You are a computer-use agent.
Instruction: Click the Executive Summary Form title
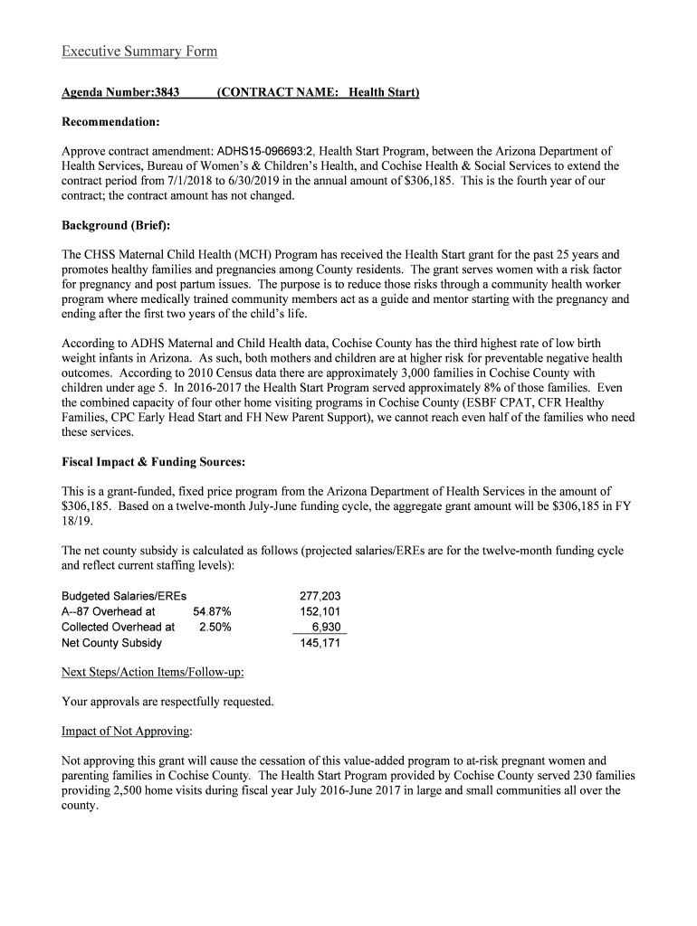[x=139, y=52]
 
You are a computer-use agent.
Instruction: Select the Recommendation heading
[x=110, y=121]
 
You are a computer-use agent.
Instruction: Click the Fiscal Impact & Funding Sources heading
[x=153, y=462]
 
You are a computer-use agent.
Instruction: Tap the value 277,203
[x=320, y=597]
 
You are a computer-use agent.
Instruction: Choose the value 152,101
[x=320, y=612]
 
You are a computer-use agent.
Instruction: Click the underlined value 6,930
[x=325, y=628]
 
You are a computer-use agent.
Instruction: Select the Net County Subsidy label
[x=111, y=643]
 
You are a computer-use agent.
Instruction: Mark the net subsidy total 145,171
[x=320, y=643]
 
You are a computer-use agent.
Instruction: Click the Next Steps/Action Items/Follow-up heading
[x=152, y=673]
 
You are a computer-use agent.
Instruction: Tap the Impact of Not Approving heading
[x=126, y=732]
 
